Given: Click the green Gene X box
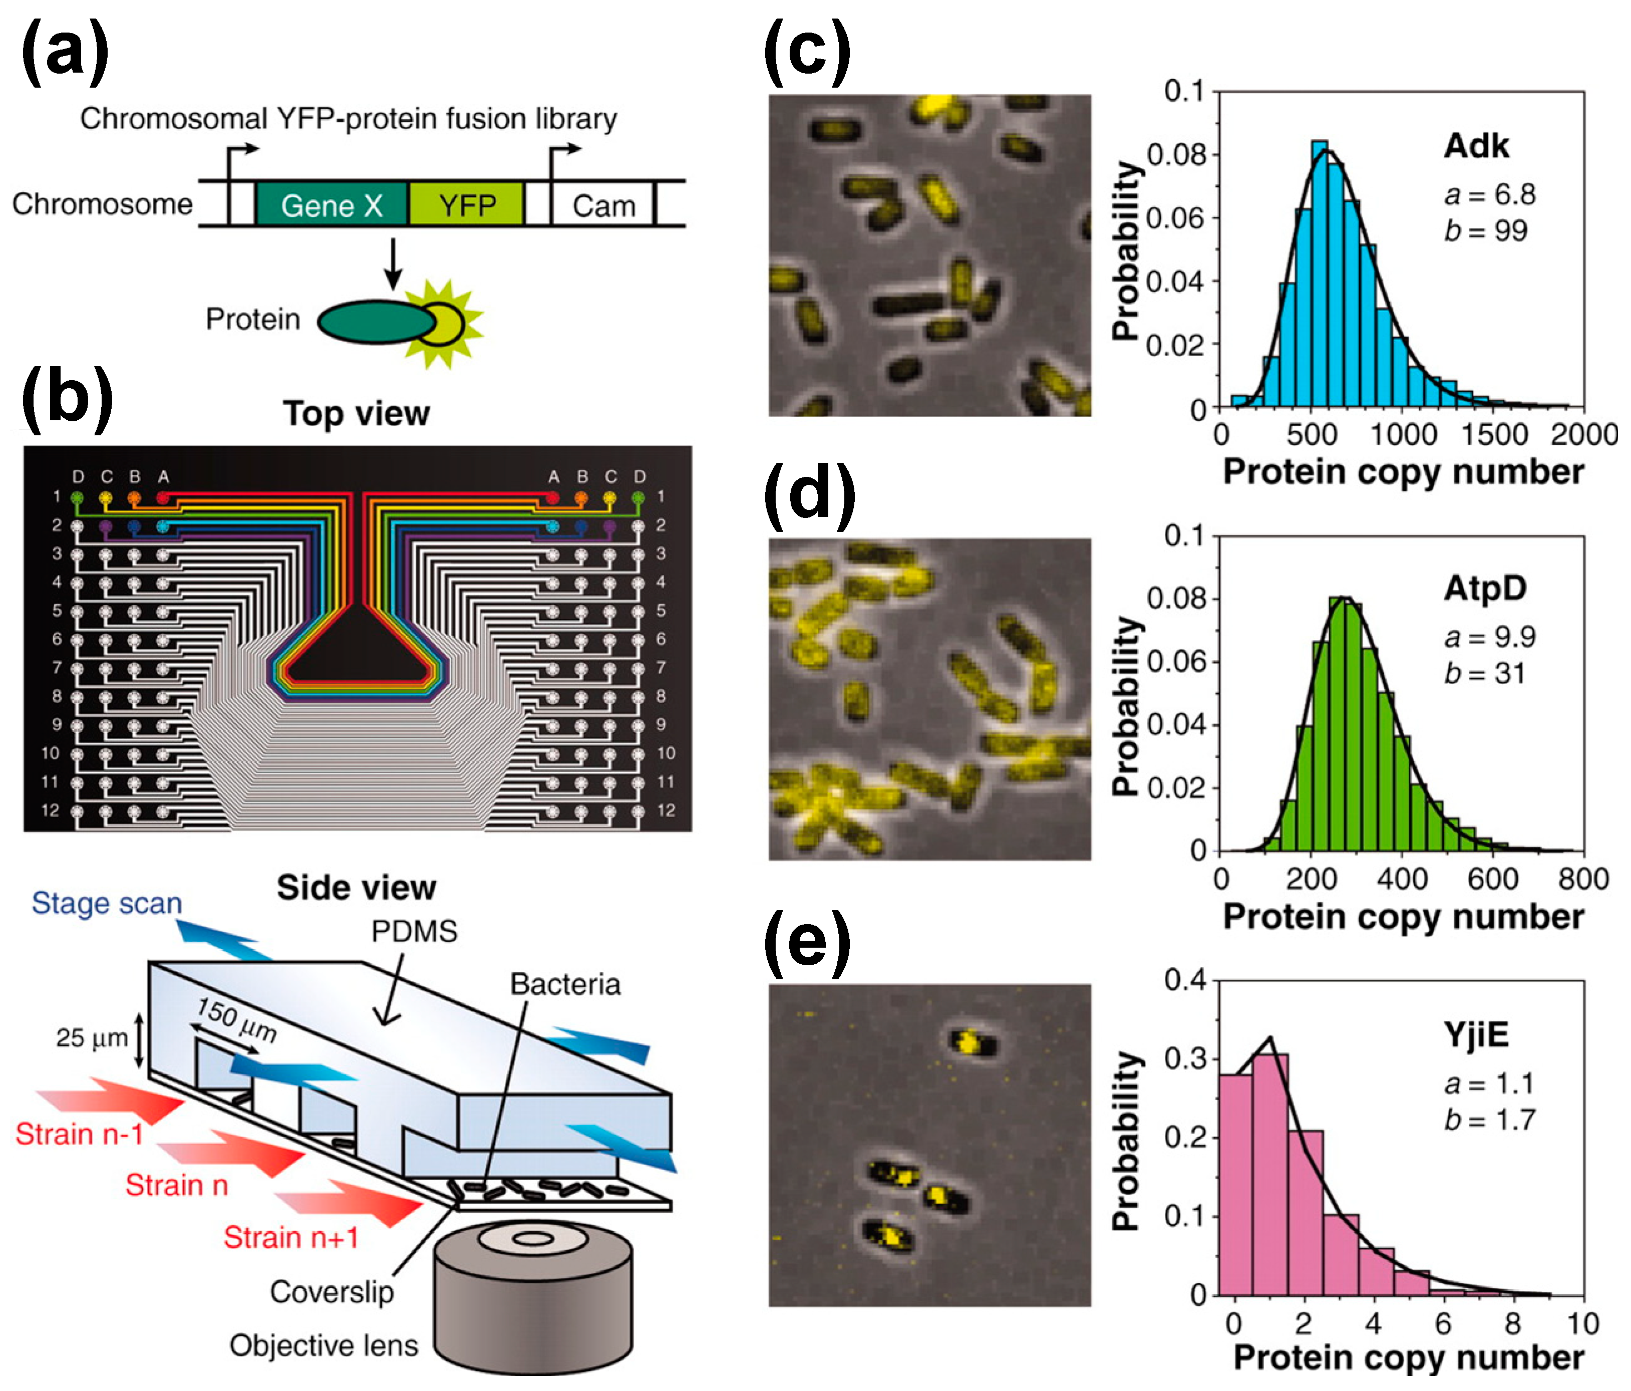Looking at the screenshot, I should click(x=332, y=205).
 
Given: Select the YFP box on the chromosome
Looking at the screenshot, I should click(x=467, y=205).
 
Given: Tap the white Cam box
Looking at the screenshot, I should click(x=603, y=205).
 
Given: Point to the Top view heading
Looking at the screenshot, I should click(x=357, y=413).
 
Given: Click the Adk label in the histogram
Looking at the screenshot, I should click(x=1476, y=146).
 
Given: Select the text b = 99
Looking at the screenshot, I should click(x=1485, y=230).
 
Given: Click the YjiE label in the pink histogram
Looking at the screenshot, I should click(x=1476, y=1034).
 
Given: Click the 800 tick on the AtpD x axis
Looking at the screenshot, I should click(x=1583, y=879).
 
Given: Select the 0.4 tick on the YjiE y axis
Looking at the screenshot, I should click(x=1185, y=980).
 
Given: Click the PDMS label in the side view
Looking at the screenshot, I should click(x=414, y=931).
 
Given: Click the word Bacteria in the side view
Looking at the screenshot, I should click(x=565, y=984).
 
